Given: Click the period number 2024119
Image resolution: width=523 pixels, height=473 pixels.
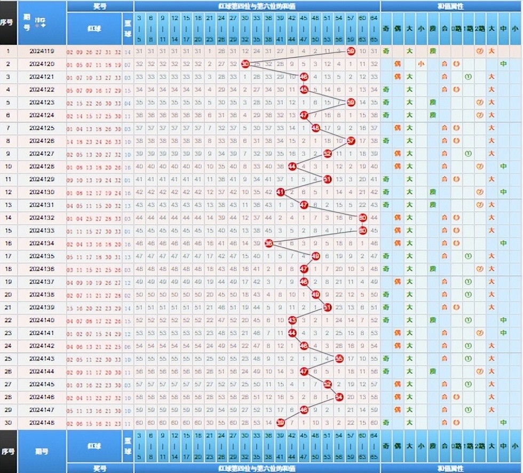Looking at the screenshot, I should [x=42, y=52].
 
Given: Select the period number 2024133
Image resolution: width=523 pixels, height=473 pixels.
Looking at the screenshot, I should [x=42, y=231].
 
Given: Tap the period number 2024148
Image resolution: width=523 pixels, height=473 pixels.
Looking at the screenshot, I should [x=42, y=423].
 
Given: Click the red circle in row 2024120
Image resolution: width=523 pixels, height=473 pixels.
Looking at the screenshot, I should [x=245, y=64].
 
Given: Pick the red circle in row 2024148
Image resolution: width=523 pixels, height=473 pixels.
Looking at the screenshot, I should [x=281, y=423].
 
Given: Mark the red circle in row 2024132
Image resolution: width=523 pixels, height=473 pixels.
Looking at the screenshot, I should [x=363, y=218].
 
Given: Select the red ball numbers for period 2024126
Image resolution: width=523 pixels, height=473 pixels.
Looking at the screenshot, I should [x=94, y=141].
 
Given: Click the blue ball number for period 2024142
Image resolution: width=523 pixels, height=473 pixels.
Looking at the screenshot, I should [x=127, y=346].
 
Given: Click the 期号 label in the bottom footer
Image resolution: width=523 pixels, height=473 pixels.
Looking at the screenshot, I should [x=42, y=450].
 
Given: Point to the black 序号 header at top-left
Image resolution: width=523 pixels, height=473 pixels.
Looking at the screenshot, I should [x=9, y=23].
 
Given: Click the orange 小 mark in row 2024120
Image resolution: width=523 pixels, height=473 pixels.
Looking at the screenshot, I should [x=421, y=64].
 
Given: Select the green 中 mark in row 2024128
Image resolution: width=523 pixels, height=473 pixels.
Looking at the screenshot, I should [x=503, y=167].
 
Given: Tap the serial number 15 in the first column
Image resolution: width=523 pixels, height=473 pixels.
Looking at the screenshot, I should [x=9, y=231].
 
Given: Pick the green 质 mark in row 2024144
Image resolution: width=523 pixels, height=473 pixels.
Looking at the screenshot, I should [x=433, y=372].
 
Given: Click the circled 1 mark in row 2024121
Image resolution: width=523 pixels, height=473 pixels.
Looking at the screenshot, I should [x=468, y=77].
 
